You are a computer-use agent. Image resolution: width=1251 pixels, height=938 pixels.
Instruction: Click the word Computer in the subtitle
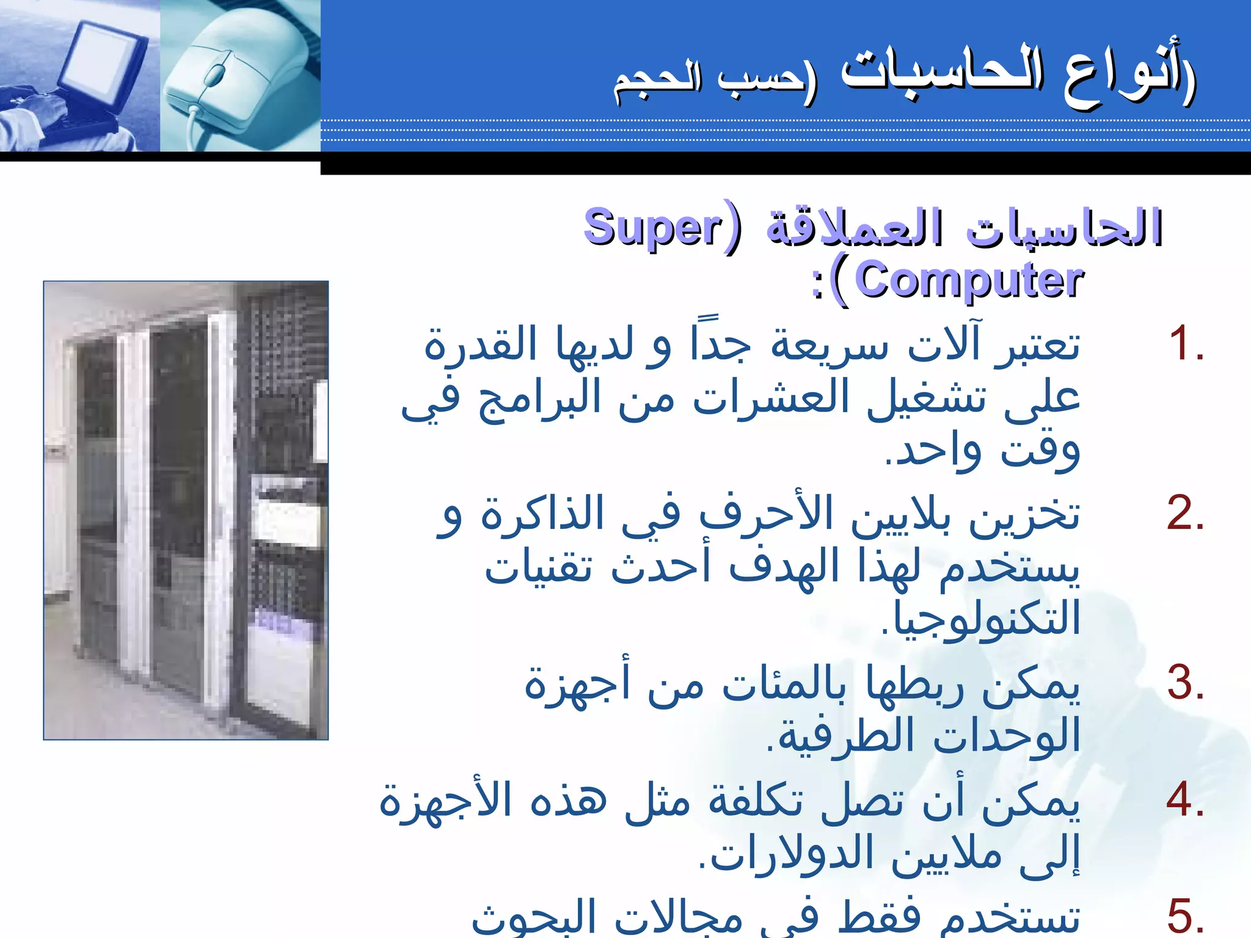click(969, 280)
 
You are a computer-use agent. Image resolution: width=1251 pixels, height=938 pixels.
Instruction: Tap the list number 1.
click(1184, 344)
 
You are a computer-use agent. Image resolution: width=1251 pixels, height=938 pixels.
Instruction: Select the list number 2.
click(1184, 514)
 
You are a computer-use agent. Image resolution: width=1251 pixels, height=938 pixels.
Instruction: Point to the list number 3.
click(1185, 683)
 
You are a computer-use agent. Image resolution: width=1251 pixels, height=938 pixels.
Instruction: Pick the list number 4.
click(1184, 799)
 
